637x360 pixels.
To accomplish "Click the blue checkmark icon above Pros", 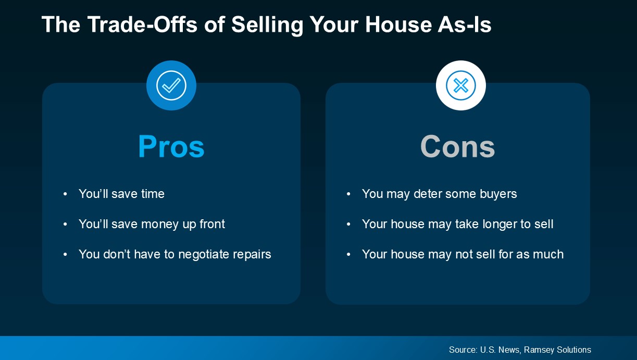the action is click(171, 85).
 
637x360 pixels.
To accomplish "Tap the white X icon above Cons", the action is click(460, 85).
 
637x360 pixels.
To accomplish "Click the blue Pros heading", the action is click(171, 146).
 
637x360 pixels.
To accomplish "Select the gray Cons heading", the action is click(457, 146).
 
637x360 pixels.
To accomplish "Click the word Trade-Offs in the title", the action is click(142, 24).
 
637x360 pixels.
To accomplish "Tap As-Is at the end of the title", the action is click(465, 24).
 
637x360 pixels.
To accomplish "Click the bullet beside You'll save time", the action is click(65, 194).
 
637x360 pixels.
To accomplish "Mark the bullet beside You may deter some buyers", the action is click(348, 194).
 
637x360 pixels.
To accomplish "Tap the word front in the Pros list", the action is click(212, 224).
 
